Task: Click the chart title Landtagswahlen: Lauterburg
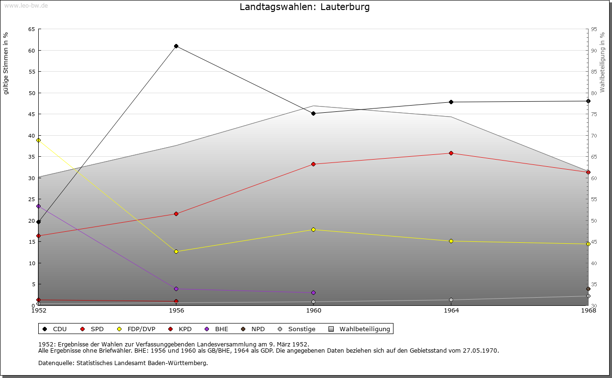pyautogui.click(x=305, y=7)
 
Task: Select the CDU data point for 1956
pyautogui.click(x=176, y=46)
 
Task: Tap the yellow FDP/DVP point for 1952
pyautogui.click(x=38, y=140)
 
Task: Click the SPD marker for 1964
pyautogui.click(x=451, y=153)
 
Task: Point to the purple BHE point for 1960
pyautogui.click(x=314, y=293)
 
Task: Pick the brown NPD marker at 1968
pyautogui.click(x=588, y=289)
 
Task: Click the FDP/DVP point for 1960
pyautogui.click(x=314, y=230)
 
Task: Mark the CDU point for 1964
pyautogui.click(x=451, y=102)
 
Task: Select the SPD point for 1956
pyautogui.click(x=176, y=214)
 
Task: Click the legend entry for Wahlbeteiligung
pyautogui.click(x=364, y=329)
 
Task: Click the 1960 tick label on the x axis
pyautogui.click(x=314, y=311)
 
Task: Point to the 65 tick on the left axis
pyautogui.click(x=31, y=29)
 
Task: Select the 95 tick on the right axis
pyautogui.click(x=594, y=29)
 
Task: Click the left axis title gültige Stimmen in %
pyautogui.click(x=6, y=63)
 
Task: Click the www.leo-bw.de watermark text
pyautogui.click(x=26, y=5)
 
